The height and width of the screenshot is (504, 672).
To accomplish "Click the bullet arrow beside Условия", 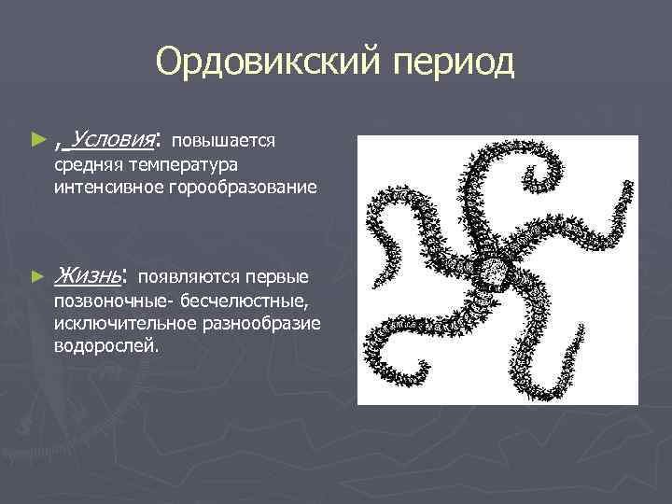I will (x=37, y=140).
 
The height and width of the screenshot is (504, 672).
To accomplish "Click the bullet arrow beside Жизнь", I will (x=37, y=276).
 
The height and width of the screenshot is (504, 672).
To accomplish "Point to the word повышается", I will (x=223, y=141).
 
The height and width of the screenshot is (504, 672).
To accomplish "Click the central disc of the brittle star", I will (x=493, y=273).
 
